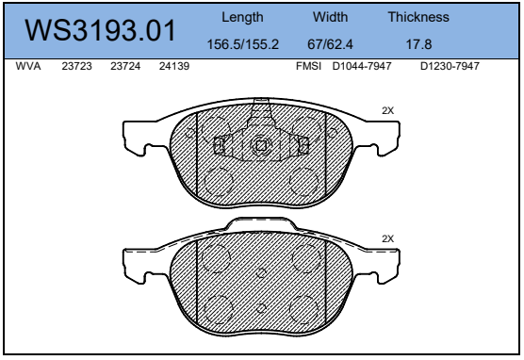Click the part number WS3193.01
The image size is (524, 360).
click(100, 30)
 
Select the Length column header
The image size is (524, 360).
click(242, 17)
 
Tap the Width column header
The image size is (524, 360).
click(330, 17)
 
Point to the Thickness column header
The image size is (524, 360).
click(418, 17)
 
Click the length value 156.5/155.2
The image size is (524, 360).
click(242, 44)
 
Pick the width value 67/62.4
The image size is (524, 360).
click(330, 44)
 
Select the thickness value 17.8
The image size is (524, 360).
click(418, 44)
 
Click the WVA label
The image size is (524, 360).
click(28, 66)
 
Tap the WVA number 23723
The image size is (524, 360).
click(76, 66)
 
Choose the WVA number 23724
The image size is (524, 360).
click(125, 66)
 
